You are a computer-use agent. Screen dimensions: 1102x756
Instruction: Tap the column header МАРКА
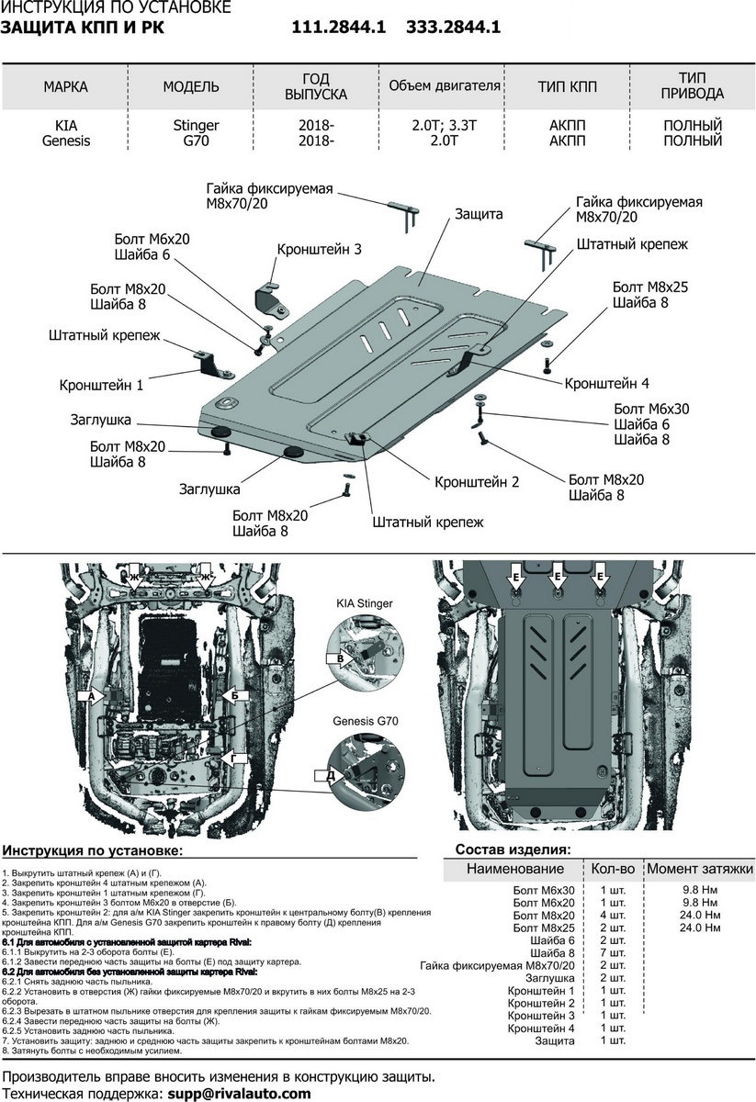[65, 87]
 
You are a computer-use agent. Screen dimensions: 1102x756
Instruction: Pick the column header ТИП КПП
[567, 87]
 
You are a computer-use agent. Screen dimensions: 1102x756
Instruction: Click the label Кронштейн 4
[606, 383]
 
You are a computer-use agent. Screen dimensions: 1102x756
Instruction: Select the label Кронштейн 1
[101, 386]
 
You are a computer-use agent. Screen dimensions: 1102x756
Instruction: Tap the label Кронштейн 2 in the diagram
[477, 481]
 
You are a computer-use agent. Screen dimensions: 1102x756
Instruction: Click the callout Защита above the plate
[479, 214]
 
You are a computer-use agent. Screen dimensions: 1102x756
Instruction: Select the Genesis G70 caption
[364, 723]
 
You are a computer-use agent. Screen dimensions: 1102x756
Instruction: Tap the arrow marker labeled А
[91, 697]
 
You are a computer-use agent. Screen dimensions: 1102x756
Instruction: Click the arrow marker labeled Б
[236, 695]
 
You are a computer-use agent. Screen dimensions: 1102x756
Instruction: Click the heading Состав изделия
[513, 849]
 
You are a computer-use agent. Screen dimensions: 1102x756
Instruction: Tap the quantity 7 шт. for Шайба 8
[613, 953]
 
